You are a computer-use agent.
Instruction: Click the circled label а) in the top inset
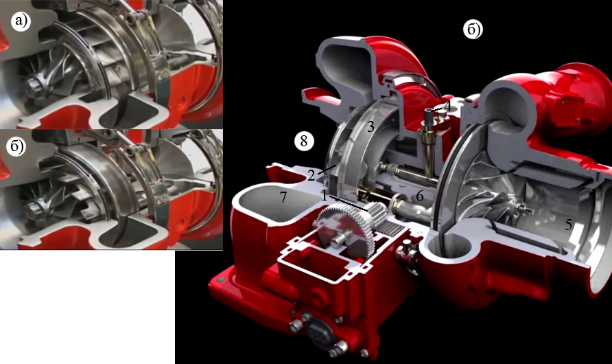coord(21,21)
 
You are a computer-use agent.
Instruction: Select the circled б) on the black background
coord(473,30)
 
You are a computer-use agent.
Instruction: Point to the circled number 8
coord(304,141)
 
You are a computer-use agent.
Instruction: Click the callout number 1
coord(325,195)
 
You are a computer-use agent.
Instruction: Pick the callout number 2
coord(311,176)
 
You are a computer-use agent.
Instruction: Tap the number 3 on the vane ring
coord(370,126)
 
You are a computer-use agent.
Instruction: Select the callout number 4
coord(447,106)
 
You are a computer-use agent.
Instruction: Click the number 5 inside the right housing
coord(568,225)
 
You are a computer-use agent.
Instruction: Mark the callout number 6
coord(420,196)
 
